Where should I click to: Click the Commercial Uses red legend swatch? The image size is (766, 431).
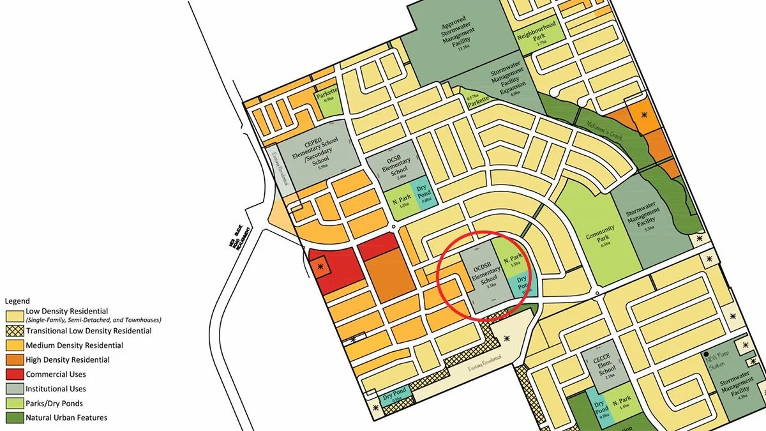14,374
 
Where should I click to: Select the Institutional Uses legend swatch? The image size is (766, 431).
14,389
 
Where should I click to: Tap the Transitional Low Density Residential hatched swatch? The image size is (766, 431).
14,331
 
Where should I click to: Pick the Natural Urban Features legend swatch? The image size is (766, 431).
14,418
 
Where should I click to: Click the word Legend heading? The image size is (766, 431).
17,301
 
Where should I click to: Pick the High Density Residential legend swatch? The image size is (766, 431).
14,360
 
